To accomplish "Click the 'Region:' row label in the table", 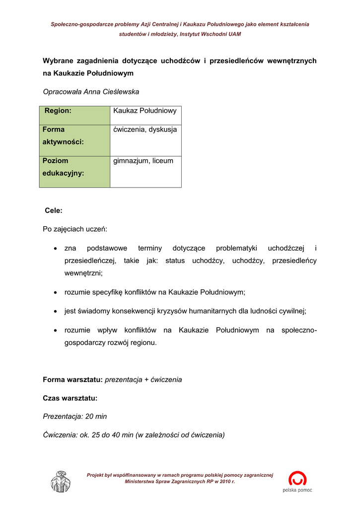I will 58,111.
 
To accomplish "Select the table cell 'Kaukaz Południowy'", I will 145,111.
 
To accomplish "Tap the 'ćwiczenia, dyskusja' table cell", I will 145,129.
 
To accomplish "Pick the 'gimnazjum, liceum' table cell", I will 144,161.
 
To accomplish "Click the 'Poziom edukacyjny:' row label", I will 63,167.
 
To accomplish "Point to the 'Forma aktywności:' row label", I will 63,135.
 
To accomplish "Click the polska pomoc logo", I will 297,482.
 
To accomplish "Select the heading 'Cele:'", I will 54,210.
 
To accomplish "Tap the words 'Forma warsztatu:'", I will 73,380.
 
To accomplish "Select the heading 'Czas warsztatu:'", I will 70,398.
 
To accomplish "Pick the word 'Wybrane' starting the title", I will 59,61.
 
